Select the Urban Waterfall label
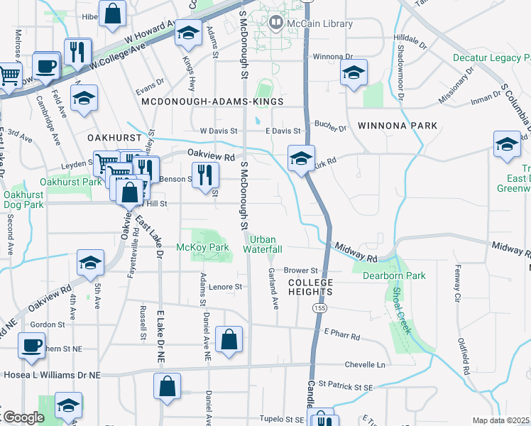(263, 244)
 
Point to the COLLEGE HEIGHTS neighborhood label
(311, 287)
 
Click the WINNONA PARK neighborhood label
(398, 126)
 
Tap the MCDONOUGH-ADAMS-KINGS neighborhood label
(212, 102)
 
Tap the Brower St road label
(300, 271)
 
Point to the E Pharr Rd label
(342, 332)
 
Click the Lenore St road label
(226, 287)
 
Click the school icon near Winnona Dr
(353, 72)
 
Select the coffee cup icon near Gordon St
(31, 346)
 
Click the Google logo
(23, 417)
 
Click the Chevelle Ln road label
(364, 365)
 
